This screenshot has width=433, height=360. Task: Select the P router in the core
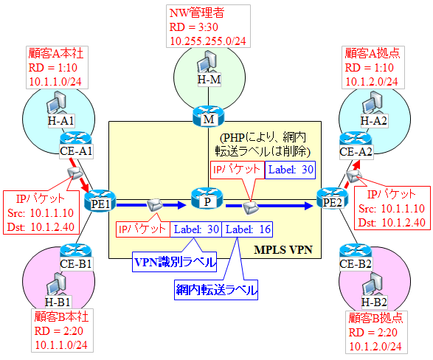pos(206,198)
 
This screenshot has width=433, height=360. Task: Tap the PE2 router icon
pos(328,198)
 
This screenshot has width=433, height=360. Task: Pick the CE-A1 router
pos(76,138)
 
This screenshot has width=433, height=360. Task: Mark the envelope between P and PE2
pos(251,207)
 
